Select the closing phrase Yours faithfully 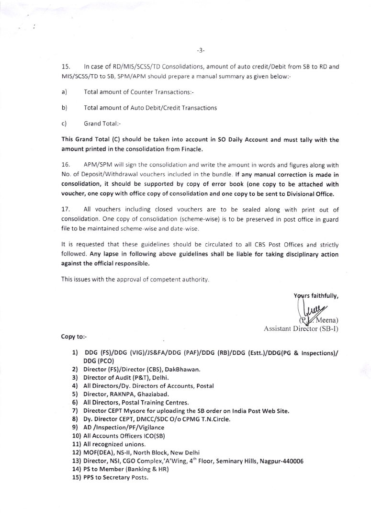316,296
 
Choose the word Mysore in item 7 145,411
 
